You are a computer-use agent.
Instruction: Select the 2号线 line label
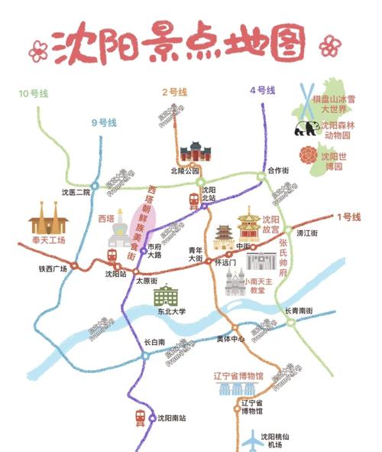175,92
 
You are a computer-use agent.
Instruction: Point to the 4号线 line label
263,90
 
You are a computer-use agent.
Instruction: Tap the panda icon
306,128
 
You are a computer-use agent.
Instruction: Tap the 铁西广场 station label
53,268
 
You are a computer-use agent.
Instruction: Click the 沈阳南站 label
171,418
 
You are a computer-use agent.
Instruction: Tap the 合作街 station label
279,170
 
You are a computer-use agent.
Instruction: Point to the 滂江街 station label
307,232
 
